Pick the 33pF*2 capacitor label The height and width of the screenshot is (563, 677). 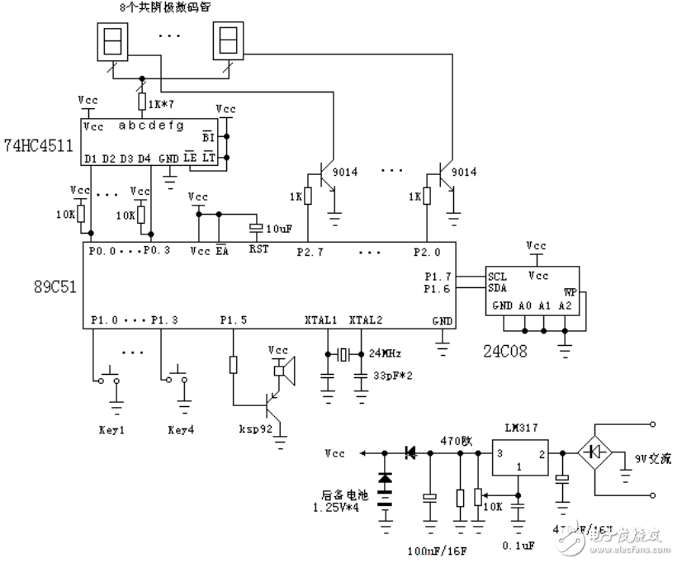[392, 375]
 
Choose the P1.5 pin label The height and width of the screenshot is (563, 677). [234, 319]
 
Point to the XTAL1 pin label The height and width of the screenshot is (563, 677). [323, 319]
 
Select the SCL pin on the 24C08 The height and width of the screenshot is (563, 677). [497, 276]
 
